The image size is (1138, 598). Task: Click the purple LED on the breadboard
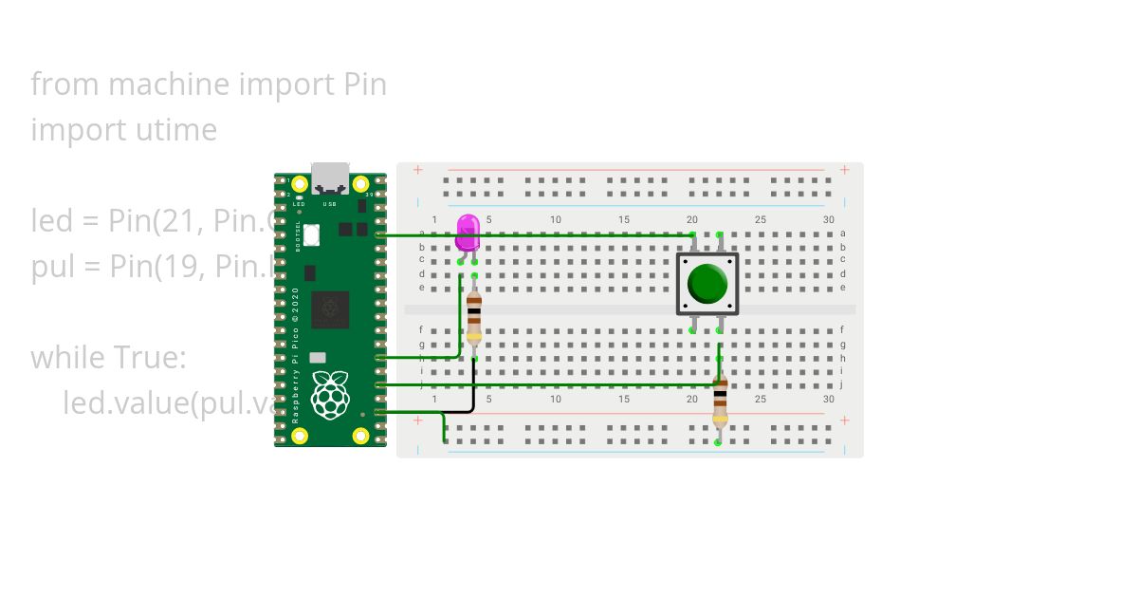click(468, 231)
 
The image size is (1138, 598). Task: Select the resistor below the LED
click(474, 316)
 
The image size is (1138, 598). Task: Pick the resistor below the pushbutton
click(720, 402)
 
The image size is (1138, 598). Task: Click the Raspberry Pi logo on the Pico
click(330, 395)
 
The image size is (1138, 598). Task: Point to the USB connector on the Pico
click(330, 178)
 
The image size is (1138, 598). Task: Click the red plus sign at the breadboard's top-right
click(844, 170)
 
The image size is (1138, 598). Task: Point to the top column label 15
click(624, 220)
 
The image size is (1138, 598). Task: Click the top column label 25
click(761, 220)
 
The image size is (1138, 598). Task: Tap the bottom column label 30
click(829, 399)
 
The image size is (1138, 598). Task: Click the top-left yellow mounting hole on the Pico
click(300, 184)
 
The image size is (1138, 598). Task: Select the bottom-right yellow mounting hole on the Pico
click(360, 436)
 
